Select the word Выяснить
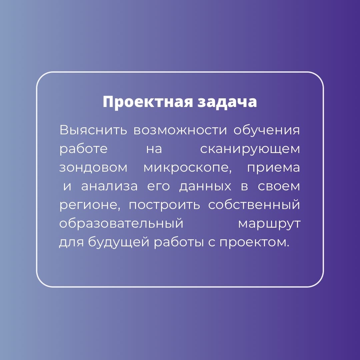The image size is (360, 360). click(93, 130)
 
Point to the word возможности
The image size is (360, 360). click(180, 130)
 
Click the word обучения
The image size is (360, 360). click(267, 130)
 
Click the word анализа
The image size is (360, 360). click(110, 186)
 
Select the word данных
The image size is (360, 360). click(205, 187)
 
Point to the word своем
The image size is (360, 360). click(279, 186)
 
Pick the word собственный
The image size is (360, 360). click(254, 204)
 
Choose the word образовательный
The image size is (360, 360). click(121, 223)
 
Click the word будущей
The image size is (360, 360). click(118, 242)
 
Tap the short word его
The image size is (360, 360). click(158, 186)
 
